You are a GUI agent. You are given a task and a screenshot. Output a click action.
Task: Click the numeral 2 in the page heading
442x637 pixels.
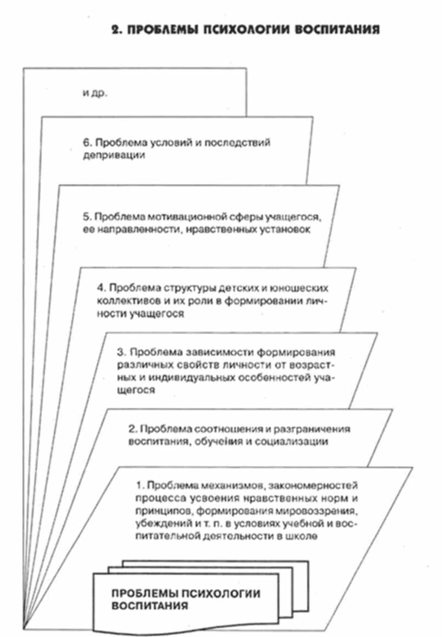[115, 30]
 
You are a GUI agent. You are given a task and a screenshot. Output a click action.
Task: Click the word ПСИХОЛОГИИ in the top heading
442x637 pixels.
[232, 30]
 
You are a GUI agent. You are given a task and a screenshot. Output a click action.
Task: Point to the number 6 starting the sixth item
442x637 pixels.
[86, 143]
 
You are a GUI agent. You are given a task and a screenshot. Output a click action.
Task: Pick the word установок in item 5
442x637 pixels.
[289, 230]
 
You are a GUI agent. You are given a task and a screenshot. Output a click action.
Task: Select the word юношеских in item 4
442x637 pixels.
[305, 287]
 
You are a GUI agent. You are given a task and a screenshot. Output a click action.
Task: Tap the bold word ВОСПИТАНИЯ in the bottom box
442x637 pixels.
[149, 605]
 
